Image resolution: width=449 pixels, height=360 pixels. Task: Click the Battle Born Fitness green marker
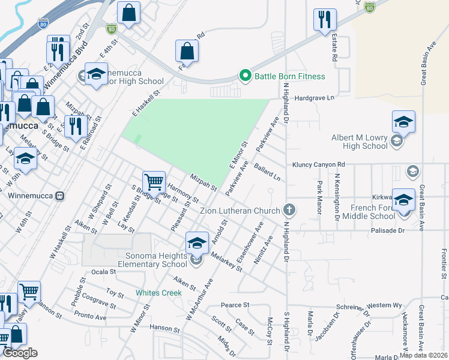[x=245, y=76]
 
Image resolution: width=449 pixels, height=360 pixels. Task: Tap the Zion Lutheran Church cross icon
[x=289, y=210]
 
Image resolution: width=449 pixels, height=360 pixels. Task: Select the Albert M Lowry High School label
[x=360, y=142]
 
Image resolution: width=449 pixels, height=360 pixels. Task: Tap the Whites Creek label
[x=158, y=293]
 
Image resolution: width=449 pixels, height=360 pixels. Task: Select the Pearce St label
[x=235, y=305]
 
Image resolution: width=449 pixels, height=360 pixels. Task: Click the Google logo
[x=20, y=353]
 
